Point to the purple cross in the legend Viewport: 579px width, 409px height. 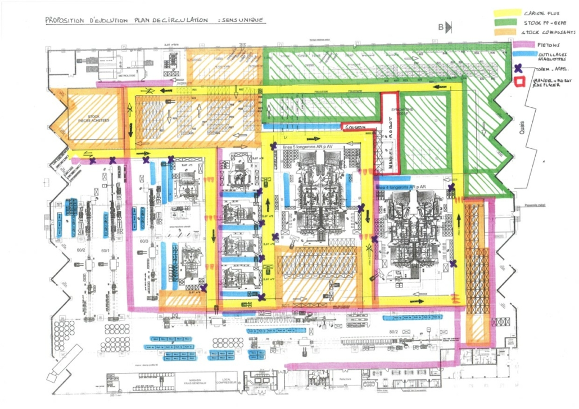click(x=519, y=69)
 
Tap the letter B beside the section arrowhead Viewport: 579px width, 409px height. click(x=441, y=27)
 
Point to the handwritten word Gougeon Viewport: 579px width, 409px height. click(x=356, y=128)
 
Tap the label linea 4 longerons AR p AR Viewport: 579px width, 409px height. click(x=400, y=186)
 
